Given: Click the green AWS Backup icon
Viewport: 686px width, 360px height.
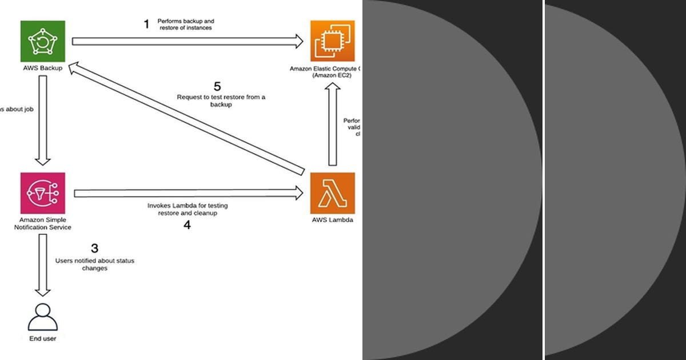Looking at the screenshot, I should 42,41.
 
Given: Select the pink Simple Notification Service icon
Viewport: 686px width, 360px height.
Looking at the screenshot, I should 42,194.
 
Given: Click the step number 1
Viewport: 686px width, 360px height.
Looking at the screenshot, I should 146,24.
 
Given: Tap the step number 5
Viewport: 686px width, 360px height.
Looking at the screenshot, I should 217,87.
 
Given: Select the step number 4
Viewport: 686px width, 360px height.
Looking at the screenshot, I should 187,225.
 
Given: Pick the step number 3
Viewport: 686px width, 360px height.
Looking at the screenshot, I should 95,249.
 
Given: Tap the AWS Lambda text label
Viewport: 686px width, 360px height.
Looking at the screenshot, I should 332,220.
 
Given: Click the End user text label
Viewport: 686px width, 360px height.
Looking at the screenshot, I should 43,339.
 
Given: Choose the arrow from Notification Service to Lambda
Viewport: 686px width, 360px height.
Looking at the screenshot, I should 189,194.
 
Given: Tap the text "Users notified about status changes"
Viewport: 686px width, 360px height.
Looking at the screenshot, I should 95,264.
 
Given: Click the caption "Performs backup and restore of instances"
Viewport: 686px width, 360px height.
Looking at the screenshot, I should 186,24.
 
